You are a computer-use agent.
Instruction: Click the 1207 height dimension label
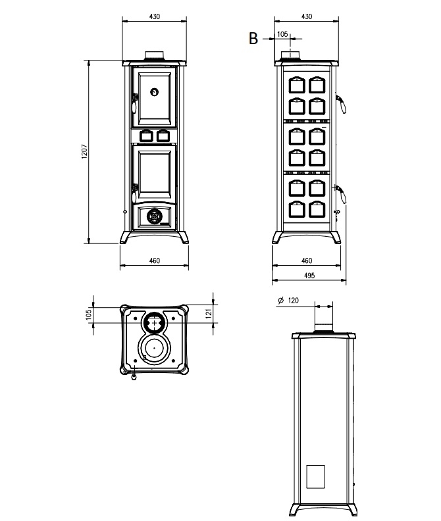(84, 151)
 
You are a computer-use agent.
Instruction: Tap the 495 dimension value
(309, 276)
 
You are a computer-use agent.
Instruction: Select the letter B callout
(253, 38)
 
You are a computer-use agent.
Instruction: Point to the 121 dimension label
(209, 314)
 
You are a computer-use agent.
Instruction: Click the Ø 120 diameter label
(288, 301)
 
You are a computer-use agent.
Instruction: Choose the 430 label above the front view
(155, 16)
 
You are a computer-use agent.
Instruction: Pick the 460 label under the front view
(155, 260)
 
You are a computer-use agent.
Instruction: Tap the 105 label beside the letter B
(282, 34)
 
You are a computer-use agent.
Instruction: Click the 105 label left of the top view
(88, 314)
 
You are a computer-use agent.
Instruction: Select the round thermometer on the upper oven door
(154, 92)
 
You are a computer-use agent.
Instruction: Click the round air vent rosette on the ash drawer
(154, 216)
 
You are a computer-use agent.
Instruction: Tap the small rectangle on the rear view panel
(315, 477)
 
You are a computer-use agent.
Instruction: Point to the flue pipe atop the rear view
(324, 319)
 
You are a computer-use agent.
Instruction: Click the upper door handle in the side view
(341, 105)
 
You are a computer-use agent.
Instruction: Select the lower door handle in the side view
(341, 194)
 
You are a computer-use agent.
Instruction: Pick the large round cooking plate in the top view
(154, 348)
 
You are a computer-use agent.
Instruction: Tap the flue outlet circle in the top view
(154, 322)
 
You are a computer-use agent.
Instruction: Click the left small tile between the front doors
(145, 136)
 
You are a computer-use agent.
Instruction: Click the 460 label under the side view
(307, 260)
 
